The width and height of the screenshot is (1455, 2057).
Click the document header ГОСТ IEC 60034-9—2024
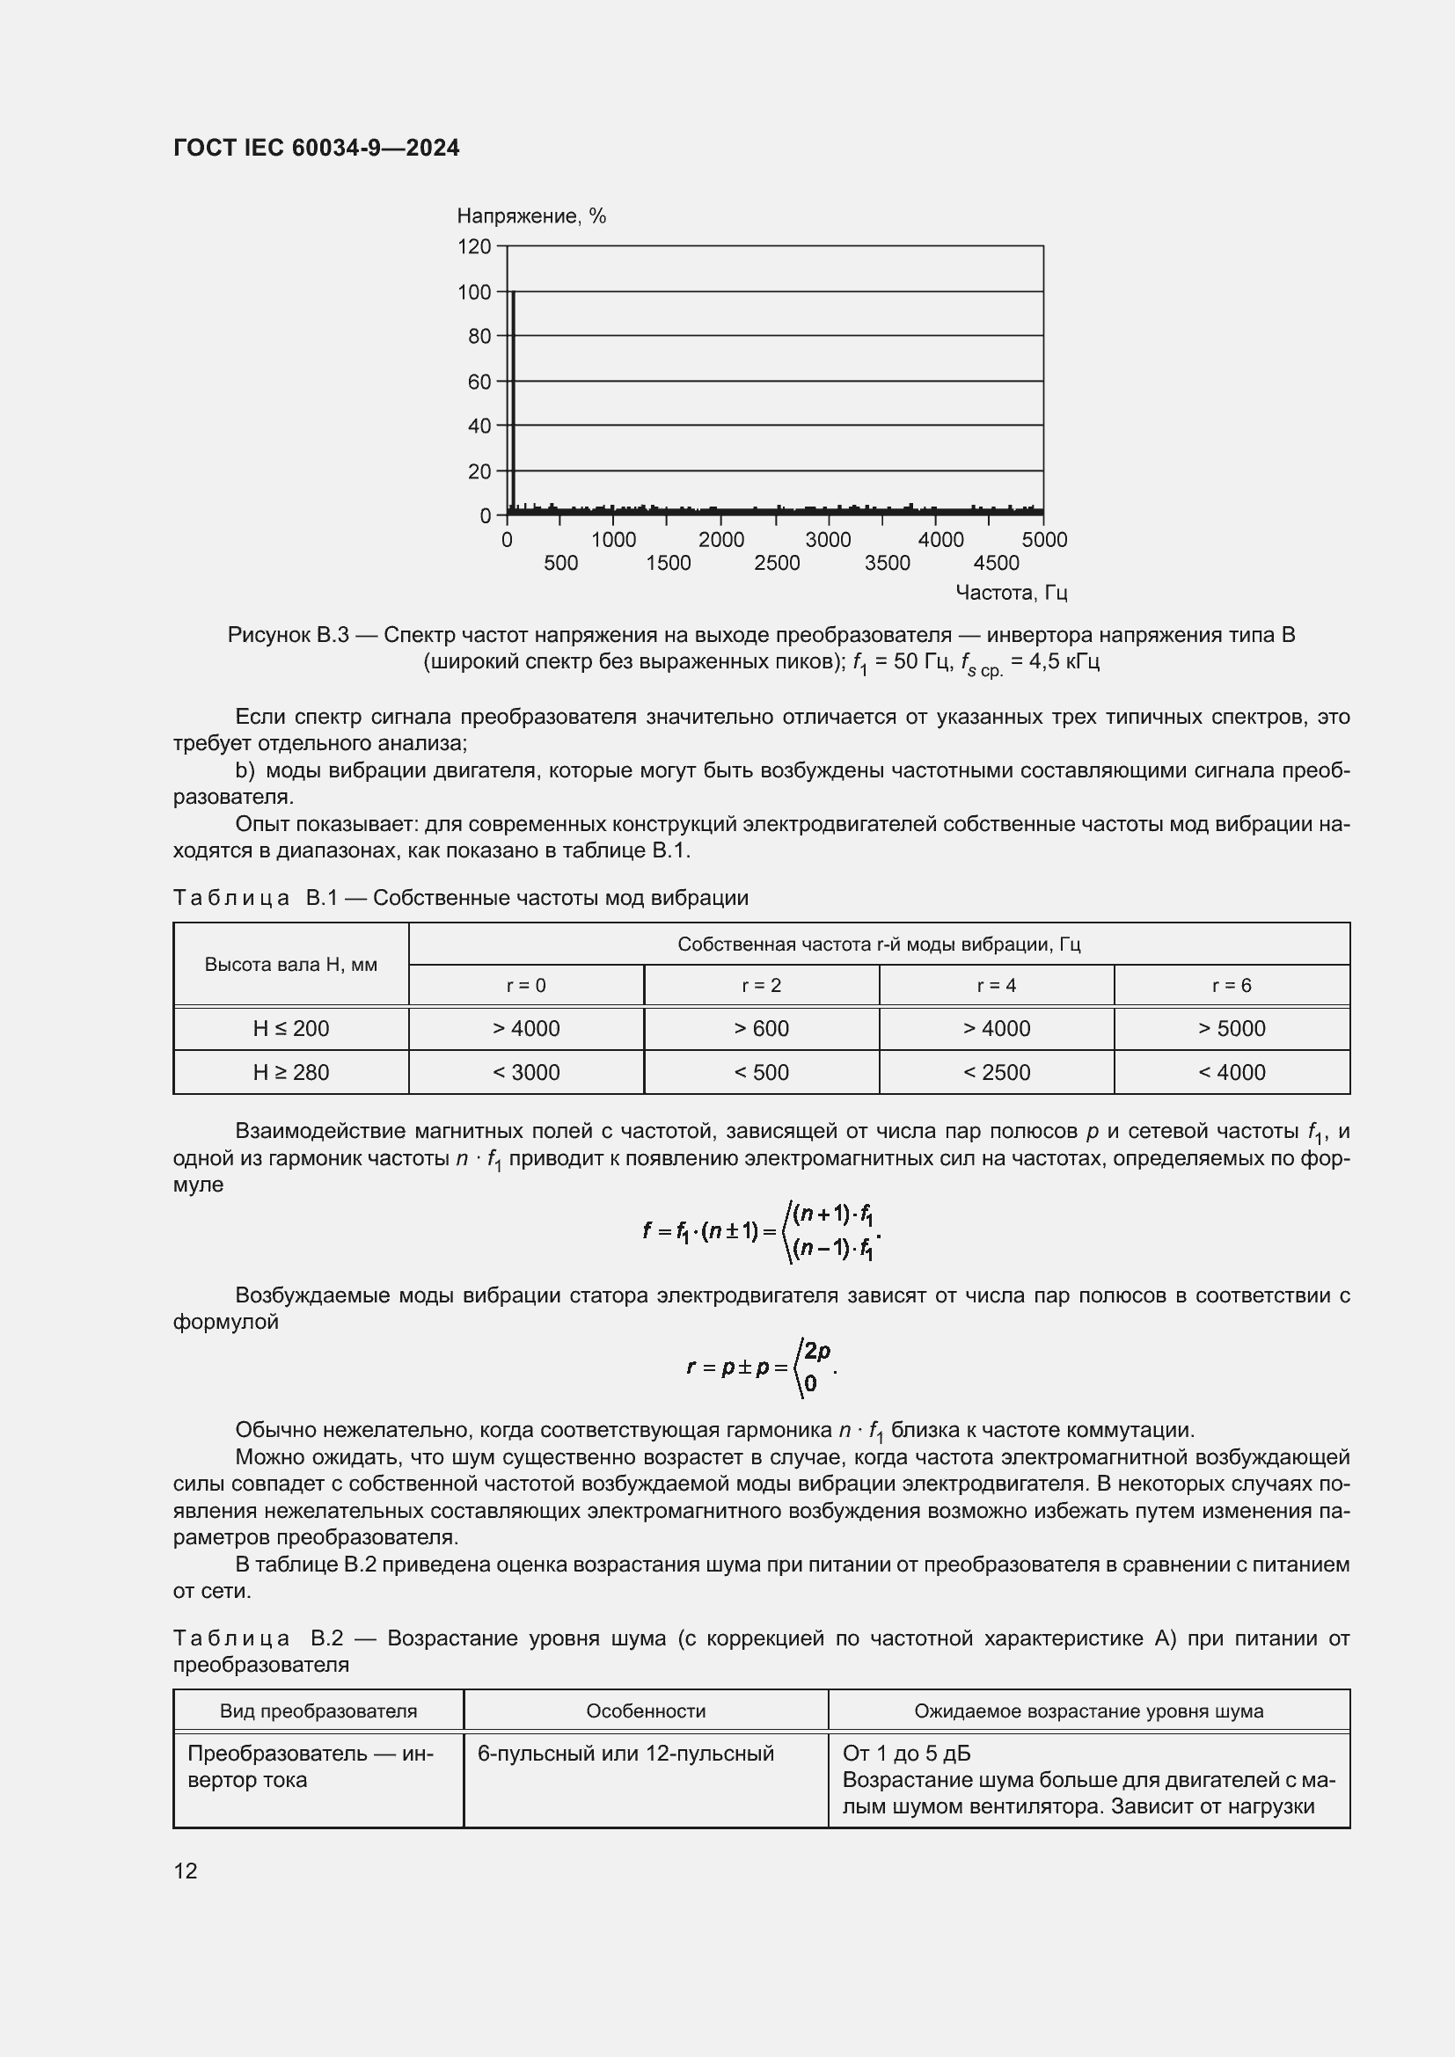click(x=317, y=148)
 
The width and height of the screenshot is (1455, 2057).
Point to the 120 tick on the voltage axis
click(x=475, y=246)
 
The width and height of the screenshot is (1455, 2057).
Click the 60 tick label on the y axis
click(x=479, y=382)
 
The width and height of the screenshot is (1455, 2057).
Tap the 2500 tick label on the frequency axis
click(x=777, y=563)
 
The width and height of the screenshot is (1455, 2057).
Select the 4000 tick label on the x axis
click(x=940, y=539)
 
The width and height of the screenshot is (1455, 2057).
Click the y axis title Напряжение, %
click(x=531, y=216)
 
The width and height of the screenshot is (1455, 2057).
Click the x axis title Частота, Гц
click(x=1011, y=592)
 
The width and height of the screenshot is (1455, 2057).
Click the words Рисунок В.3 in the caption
click(x=288, y=635)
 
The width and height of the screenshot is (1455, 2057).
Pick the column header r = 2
click(x=761, y=986)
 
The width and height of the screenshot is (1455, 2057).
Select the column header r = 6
click(x=1231, y=986)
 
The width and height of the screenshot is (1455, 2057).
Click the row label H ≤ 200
click(x=290, y=1029)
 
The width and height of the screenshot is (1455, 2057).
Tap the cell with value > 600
click(x=761, y=1029)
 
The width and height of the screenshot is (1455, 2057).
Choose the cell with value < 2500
click(x=997, y=1072)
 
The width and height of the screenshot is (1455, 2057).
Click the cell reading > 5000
click(x=1231, y=1029)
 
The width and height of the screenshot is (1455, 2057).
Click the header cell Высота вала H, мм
click(x=290, y=965)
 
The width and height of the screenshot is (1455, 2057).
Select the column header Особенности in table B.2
click(x=645, y=1711)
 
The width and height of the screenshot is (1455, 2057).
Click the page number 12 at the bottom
click(x=186, y=1871)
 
